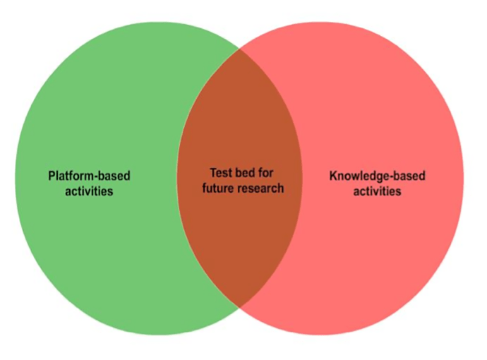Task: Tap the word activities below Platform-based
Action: tap(89, 191)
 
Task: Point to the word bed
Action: tap(244, 172)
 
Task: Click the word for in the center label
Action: tap(264, 172)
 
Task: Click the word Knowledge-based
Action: tap(377, 176)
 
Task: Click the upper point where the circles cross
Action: tap(239, 50)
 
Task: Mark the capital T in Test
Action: tap(213, 172)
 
